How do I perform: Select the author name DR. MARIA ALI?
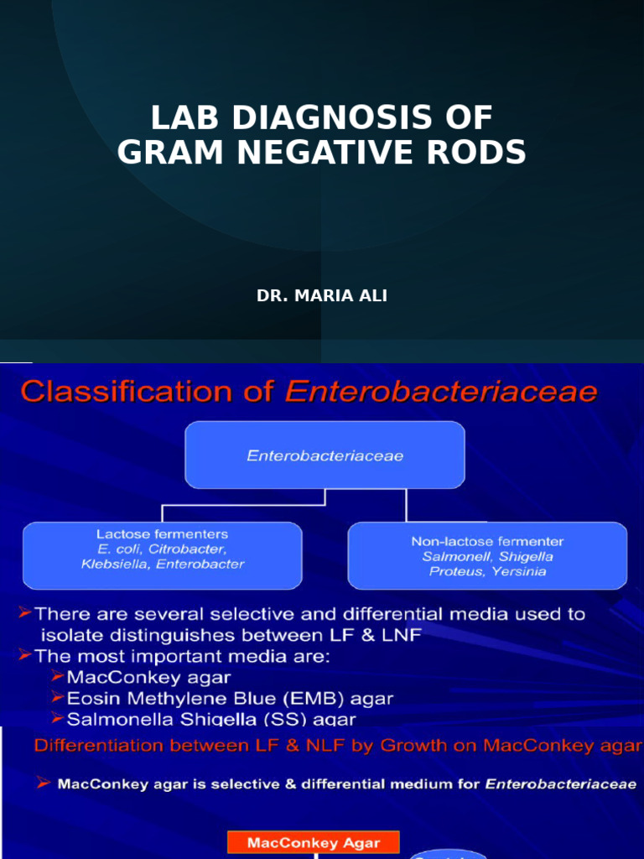pyautogui.click(x=322, y=296)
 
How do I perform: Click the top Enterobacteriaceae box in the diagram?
pyautogui.click(x=325, y=456)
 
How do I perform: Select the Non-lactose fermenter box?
pyautogui.click(x=487, y=556)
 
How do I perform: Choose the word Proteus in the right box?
pyautogui.click(x=453, y=571)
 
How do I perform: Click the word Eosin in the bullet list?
pyautogui.click(x=90, y=698)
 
